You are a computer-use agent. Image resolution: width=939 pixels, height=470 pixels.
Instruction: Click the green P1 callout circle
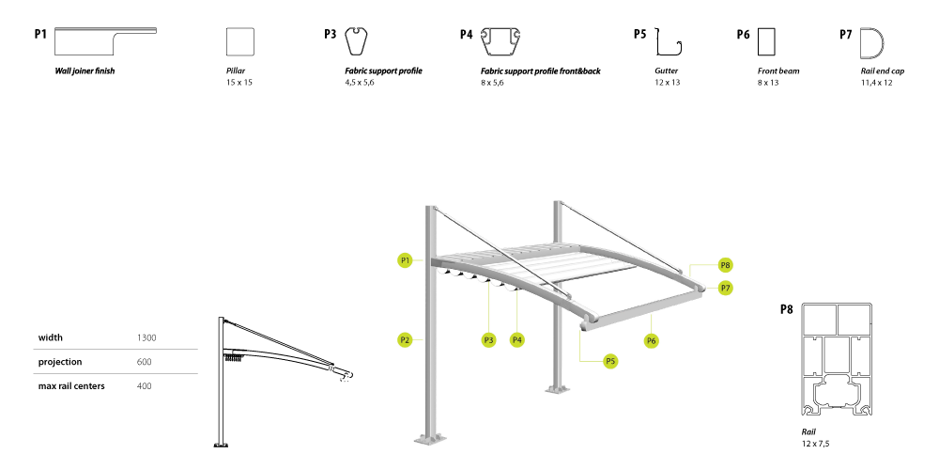406,260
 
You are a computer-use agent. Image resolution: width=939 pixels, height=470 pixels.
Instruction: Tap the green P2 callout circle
406,340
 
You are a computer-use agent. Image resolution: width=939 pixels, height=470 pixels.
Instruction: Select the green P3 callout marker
488,340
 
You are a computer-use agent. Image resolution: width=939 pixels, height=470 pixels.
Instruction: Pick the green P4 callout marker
517,340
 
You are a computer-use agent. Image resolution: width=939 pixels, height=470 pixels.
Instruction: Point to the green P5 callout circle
610,361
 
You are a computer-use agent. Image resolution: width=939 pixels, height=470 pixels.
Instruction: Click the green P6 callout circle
652,340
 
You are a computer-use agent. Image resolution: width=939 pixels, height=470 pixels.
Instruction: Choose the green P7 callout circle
726,288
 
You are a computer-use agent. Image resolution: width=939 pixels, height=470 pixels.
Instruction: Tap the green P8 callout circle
726,265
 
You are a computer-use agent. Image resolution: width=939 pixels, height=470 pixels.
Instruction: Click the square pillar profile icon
240,41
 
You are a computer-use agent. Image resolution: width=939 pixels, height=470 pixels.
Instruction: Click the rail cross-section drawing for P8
837,359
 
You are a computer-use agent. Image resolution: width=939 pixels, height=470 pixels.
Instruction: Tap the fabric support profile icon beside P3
356,41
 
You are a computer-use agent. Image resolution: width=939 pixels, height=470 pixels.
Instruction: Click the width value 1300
146,337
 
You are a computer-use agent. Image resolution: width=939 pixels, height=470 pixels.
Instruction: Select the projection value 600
145,362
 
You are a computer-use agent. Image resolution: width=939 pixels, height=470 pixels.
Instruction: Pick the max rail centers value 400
145,386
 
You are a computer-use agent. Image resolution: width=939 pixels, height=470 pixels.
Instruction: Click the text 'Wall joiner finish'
85,70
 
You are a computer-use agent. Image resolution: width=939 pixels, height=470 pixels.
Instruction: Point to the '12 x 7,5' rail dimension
816,444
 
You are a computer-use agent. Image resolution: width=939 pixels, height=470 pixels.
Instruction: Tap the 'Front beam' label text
778,70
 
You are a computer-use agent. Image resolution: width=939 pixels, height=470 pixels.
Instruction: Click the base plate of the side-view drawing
221,445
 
